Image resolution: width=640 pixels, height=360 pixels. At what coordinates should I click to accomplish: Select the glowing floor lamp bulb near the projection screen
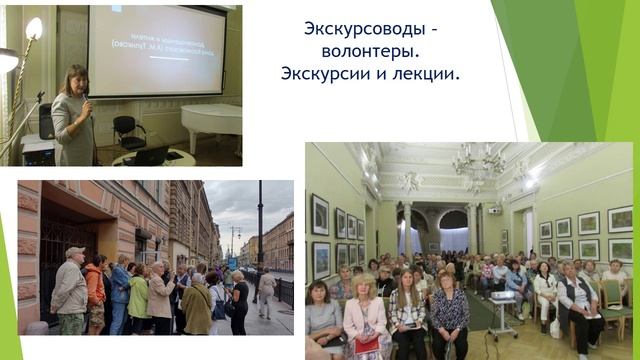coord(34,28)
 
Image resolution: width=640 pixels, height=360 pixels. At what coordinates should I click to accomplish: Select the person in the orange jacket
coord(96,290)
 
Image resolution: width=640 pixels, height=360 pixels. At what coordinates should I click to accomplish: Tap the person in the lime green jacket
coord(139,296)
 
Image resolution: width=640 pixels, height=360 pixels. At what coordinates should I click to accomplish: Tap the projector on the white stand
coord(502,301)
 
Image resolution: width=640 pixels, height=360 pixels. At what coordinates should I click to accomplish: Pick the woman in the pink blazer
coord(364,320)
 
